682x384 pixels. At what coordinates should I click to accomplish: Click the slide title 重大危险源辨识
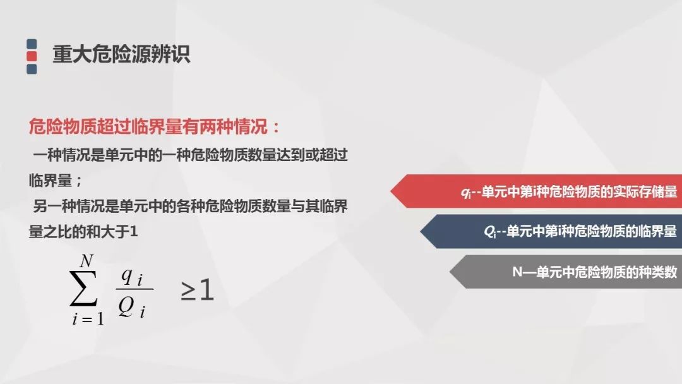pos(121,54)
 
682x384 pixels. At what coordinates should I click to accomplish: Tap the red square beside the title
pos(32,56)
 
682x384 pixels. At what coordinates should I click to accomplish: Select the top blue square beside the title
pos(32,44)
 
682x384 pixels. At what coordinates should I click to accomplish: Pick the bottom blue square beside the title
pos(32,69)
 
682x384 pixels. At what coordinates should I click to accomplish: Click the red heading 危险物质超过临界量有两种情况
pos(148,126)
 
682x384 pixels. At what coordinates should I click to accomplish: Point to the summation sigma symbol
pos(83,288)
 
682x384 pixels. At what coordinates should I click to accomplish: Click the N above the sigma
pos(86,261)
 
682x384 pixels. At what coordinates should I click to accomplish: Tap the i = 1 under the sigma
pos(88,319)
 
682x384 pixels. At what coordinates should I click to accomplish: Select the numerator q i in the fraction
pos(132,276)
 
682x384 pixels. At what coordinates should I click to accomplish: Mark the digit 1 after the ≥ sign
pos(206,290)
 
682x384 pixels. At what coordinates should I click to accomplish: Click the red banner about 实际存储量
pos(536,191)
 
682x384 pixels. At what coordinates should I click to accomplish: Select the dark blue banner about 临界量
pos(551,231)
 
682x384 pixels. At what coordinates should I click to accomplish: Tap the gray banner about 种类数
pos(565,272)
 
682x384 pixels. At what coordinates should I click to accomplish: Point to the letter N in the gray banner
pos(517,272)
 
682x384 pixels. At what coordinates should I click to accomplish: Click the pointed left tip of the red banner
pos(391,191)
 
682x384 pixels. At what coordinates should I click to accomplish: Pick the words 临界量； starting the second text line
pos(55,180)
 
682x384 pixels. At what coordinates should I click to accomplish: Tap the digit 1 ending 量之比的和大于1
pos(133,232)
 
